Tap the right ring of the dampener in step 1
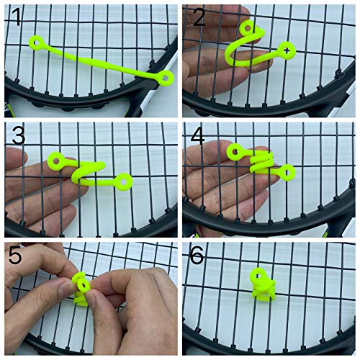tap(166, 76)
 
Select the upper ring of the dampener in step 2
tap(248, 28)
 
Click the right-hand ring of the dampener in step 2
tap(287, 50)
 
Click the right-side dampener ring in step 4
tap(287, 172)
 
